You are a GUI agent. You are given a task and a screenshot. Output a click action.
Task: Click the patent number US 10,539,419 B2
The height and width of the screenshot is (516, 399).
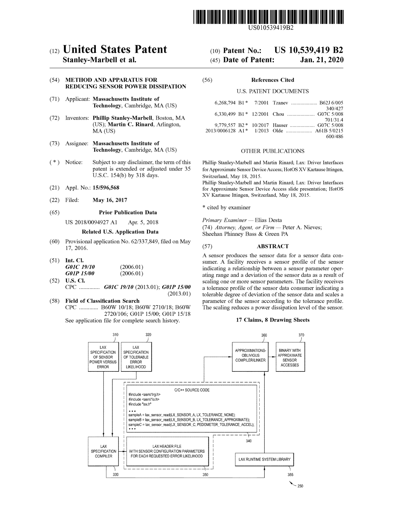tap(308, 50)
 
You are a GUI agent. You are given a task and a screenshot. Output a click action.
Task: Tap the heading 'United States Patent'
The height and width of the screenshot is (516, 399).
tap(115, 49)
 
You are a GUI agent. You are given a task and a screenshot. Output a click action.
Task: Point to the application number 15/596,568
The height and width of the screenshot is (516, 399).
tap(106, 188)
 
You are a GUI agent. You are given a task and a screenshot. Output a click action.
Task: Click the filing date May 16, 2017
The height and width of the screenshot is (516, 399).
tap(110, 200)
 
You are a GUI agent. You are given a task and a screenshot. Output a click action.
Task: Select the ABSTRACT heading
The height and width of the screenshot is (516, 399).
tap(273, 246)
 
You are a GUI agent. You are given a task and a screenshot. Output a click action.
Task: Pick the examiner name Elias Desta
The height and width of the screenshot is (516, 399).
tap(268, 220)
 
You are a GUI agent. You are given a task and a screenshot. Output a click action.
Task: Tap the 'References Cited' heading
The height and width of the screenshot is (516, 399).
tap(273, 80)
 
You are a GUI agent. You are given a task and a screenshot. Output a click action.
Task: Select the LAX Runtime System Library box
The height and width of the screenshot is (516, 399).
tap(264, 459)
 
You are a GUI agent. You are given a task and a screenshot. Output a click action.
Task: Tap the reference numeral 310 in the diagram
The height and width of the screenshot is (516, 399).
tap(115, 335)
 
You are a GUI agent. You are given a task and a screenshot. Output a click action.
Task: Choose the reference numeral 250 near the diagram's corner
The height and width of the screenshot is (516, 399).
tap(300, 486)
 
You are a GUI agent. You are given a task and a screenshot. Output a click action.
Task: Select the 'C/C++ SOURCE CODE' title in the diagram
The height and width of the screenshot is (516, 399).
tap(192, 390)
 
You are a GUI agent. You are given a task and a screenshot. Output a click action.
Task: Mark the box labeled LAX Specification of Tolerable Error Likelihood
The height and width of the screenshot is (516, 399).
tap(136, 357)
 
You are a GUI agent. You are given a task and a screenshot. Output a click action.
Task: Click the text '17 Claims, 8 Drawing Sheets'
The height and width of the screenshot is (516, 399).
tap(273, 320)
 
